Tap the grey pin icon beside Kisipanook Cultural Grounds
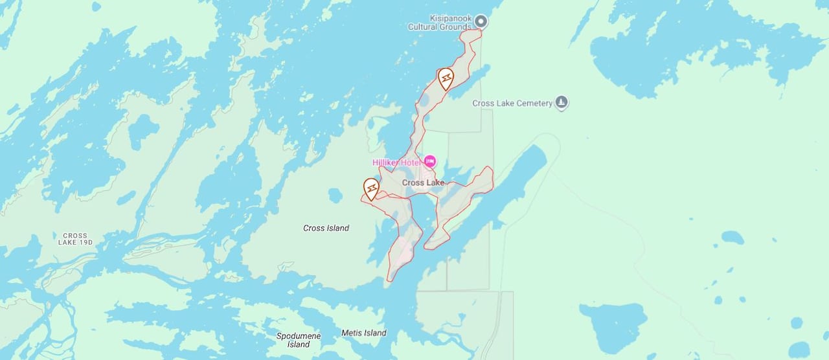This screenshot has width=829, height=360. pos(481,22)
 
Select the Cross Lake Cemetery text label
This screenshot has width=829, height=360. pos(512,103)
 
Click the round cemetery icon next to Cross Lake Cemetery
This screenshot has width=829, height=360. pos(562,102)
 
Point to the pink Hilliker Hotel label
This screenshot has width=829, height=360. pos(396,162)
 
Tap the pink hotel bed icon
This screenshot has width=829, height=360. pos(429,161)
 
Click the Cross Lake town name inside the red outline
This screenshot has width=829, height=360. pos(423,183)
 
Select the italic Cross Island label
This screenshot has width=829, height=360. pos(326,228)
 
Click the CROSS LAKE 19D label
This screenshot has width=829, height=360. pos(75,239)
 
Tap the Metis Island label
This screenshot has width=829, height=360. pos(363,333)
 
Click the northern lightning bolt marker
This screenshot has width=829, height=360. pos(446,78)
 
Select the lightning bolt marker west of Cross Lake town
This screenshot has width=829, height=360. pos(371,188)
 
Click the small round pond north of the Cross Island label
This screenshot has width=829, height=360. pos(335,195)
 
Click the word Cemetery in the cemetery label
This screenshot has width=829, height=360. pos(534,103)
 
